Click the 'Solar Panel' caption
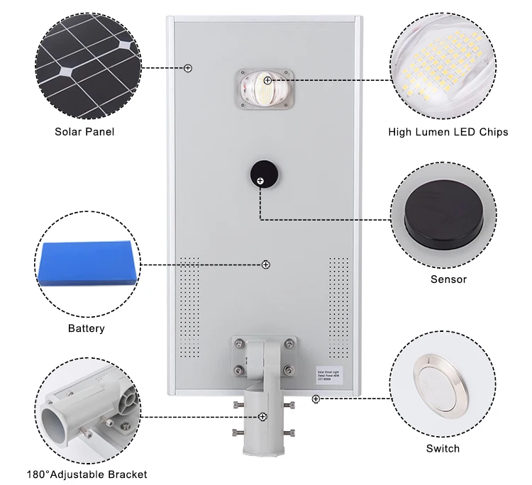[x=84, y=132]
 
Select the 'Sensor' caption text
[x=448, y=279]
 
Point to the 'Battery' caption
[x=87, y=328]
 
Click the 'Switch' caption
[x=443, y=448]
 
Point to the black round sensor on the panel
[x=261, y=175]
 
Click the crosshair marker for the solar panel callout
[x=188, y=68]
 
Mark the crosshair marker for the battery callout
[x=266, y=264]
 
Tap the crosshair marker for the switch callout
[x=316, y=399]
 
